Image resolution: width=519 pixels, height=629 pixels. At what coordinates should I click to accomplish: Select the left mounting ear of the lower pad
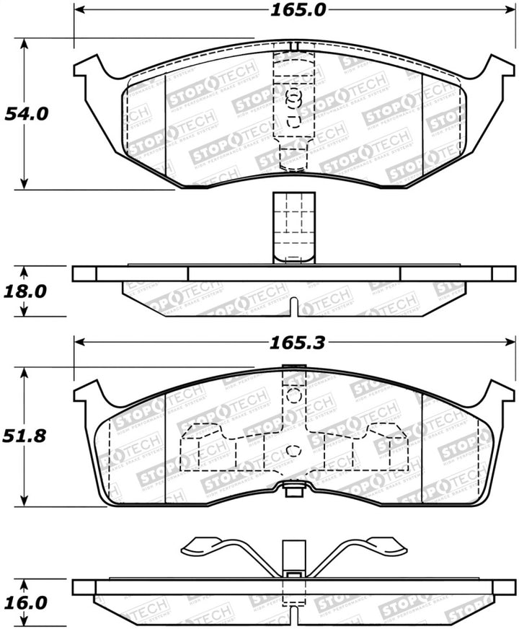click(x=89, y=394)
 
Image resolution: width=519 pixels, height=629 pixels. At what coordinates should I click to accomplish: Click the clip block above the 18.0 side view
click(x=292, y=227)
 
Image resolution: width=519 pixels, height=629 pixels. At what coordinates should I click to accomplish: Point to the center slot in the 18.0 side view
click(x=293, y=307)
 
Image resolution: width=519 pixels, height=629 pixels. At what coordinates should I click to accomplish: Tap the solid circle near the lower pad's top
click(x=293, y=395)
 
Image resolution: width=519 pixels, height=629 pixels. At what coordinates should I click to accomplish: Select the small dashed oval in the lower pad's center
click(x=293, y=451)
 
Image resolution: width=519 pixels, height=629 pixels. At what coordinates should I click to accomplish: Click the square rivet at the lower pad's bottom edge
click(x=293, y=492)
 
